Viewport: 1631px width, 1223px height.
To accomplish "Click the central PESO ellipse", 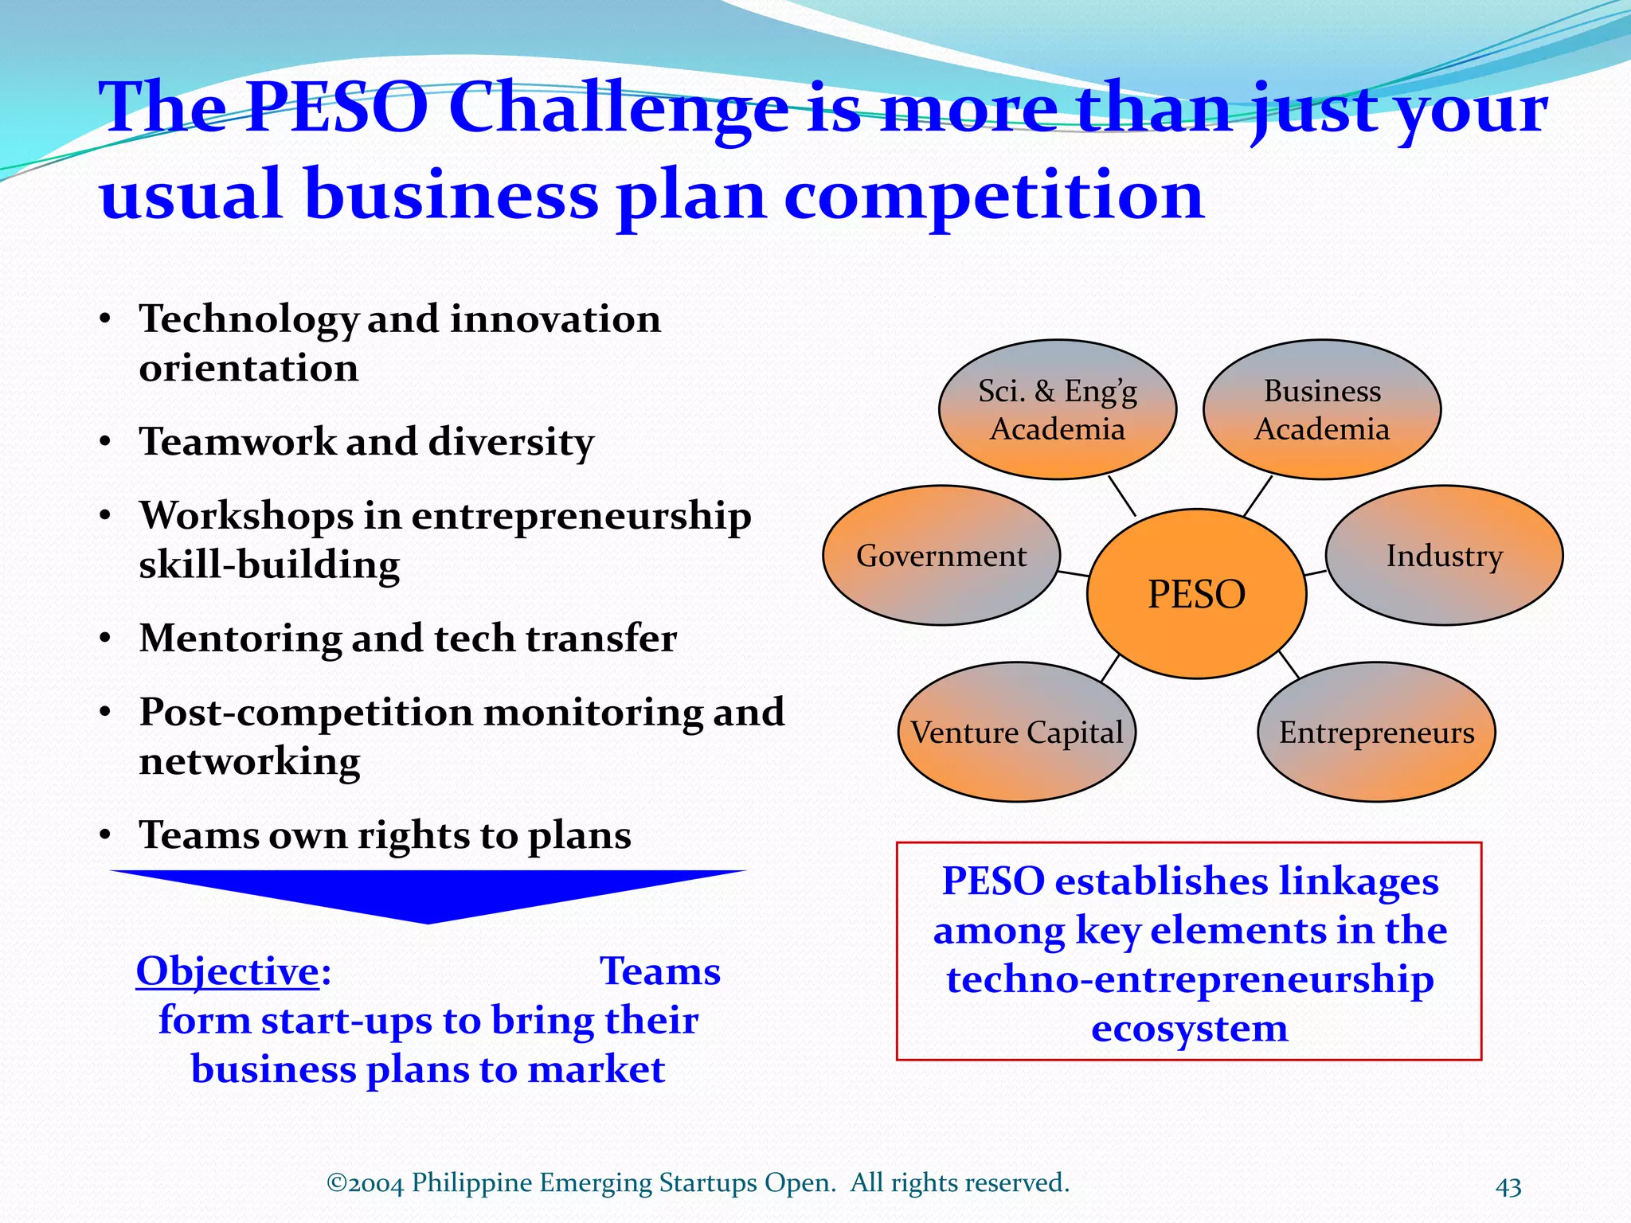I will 1196,594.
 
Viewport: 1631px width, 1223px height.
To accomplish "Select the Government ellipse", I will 941,556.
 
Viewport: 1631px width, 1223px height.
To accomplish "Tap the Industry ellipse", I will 1444,556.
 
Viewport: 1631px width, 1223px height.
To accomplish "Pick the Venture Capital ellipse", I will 1017,733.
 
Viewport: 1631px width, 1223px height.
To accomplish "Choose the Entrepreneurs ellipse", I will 1376,733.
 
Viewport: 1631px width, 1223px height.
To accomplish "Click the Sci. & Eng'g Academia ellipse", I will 1058,410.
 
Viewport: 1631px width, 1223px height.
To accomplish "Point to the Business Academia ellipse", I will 1322,410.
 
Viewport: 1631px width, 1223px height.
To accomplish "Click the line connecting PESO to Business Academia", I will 1257,497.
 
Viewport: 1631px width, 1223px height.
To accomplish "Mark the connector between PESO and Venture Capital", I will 1111,668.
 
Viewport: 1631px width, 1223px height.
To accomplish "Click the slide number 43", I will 1508,1187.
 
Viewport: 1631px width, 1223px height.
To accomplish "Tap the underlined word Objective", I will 228,971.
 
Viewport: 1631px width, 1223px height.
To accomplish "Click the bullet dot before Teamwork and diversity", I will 105,443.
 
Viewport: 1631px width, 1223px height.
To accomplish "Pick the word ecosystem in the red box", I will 1189,1028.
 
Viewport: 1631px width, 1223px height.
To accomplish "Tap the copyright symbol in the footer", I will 336,1182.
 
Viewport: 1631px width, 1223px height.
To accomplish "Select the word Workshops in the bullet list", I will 246,516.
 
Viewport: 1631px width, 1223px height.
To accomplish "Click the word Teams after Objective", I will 659,971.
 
